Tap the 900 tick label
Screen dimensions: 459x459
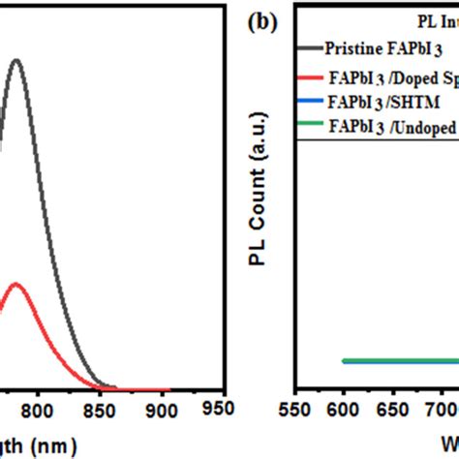point(162,411)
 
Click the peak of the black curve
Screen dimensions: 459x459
point(15,60)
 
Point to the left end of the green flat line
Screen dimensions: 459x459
point(343,361)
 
